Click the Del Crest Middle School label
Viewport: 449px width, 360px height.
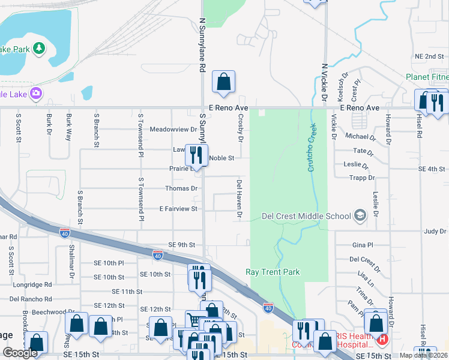coord(306,216)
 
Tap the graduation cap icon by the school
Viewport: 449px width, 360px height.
coord(360,215)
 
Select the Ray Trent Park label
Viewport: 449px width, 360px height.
coord(273,272)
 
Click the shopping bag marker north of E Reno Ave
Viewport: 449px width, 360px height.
coord(223,83)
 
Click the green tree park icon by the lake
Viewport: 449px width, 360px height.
coord(40,48)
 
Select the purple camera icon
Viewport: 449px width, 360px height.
coord(36,93)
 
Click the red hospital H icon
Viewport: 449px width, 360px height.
coord(382,340)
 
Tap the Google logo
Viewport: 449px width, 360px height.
coord(20,353)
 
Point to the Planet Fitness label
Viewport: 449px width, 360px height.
coord(427,77)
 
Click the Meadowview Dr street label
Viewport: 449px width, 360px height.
coord(173,129)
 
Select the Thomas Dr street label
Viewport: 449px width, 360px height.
coord(181,188)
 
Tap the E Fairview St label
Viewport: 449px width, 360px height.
coord(178,209)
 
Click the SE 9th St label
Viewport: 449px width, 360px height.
coord(182,245)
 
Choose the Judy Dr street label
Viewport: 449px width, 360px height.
coord(435,230)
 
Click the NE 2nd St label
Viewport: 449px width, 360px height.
coord(429,56)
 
